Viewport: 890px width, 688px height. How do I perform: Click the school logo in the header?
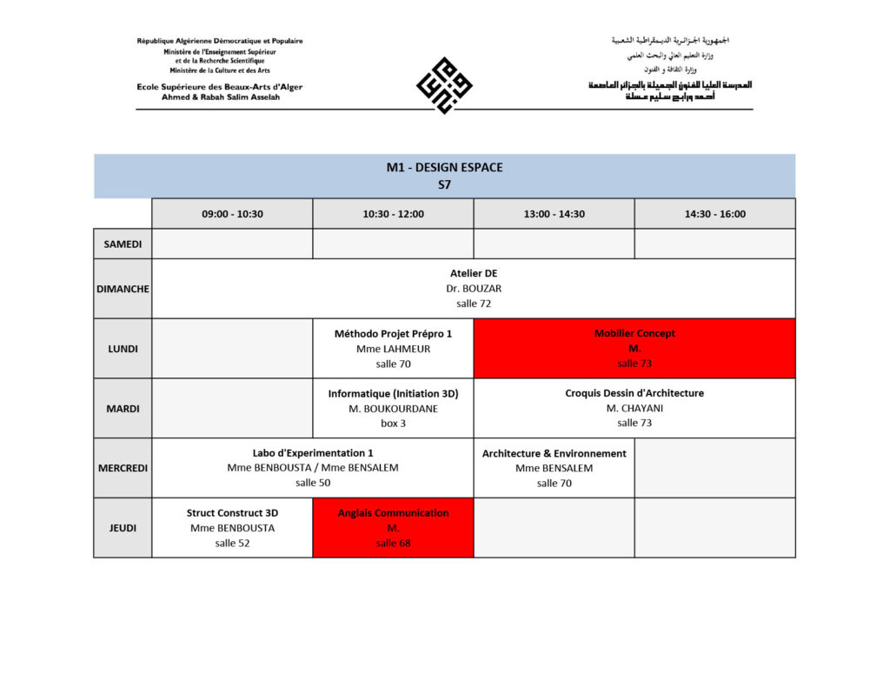(x=444, y=85)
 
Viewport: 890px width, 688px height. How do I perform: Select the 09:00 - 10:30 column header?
(x=232, y=214)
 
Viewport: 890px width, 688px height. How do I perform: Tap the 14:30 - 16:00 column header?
(x=714, y=214)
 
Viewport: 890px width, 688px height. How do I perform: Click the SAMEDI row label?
(x=123, y=244)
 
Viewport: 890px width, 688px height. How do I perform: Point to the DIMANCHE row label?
(x=123, y=289)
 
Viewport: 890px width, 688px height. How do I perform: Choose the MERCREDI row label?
(x=123, y=468)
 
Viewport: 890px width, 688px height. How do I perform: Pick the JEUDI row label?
(x=123, y=528)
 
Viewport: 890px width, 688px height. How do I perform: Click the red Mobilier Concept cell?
(x=634, y=348)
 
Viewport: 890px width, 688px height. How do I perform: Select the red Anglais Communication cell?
(x=393, y=528)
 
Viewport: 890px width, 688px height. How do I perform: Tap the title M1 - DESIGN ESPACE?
(x=444, y=168)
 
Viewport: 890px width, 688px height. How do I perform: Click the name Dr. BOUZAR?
(x=474, y=289)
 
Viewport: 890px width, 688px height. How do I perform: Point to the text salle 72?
(x=474, y=304)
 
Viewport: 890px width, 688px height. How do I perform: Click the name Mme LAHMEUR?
(x=393, y=349)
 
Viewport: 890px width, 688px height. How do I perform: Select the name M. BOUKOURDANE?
(x=393, y=409)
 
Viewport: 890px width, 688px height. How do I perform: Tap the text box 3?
(x=393, y=424)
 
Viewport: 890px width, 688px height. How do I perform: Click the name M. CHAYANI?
(x=634, y=409)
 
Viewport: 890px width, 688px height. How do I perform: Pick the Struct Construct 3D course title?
(x=232, y=513)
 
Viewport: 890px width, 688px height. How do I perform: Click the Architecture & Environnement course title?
(x=554, y=453)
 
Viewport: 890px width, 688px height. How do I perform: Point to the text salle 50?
(x=313, y=483)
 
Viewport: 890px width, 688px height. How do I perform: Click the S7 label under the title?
(x=444, y=184)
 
